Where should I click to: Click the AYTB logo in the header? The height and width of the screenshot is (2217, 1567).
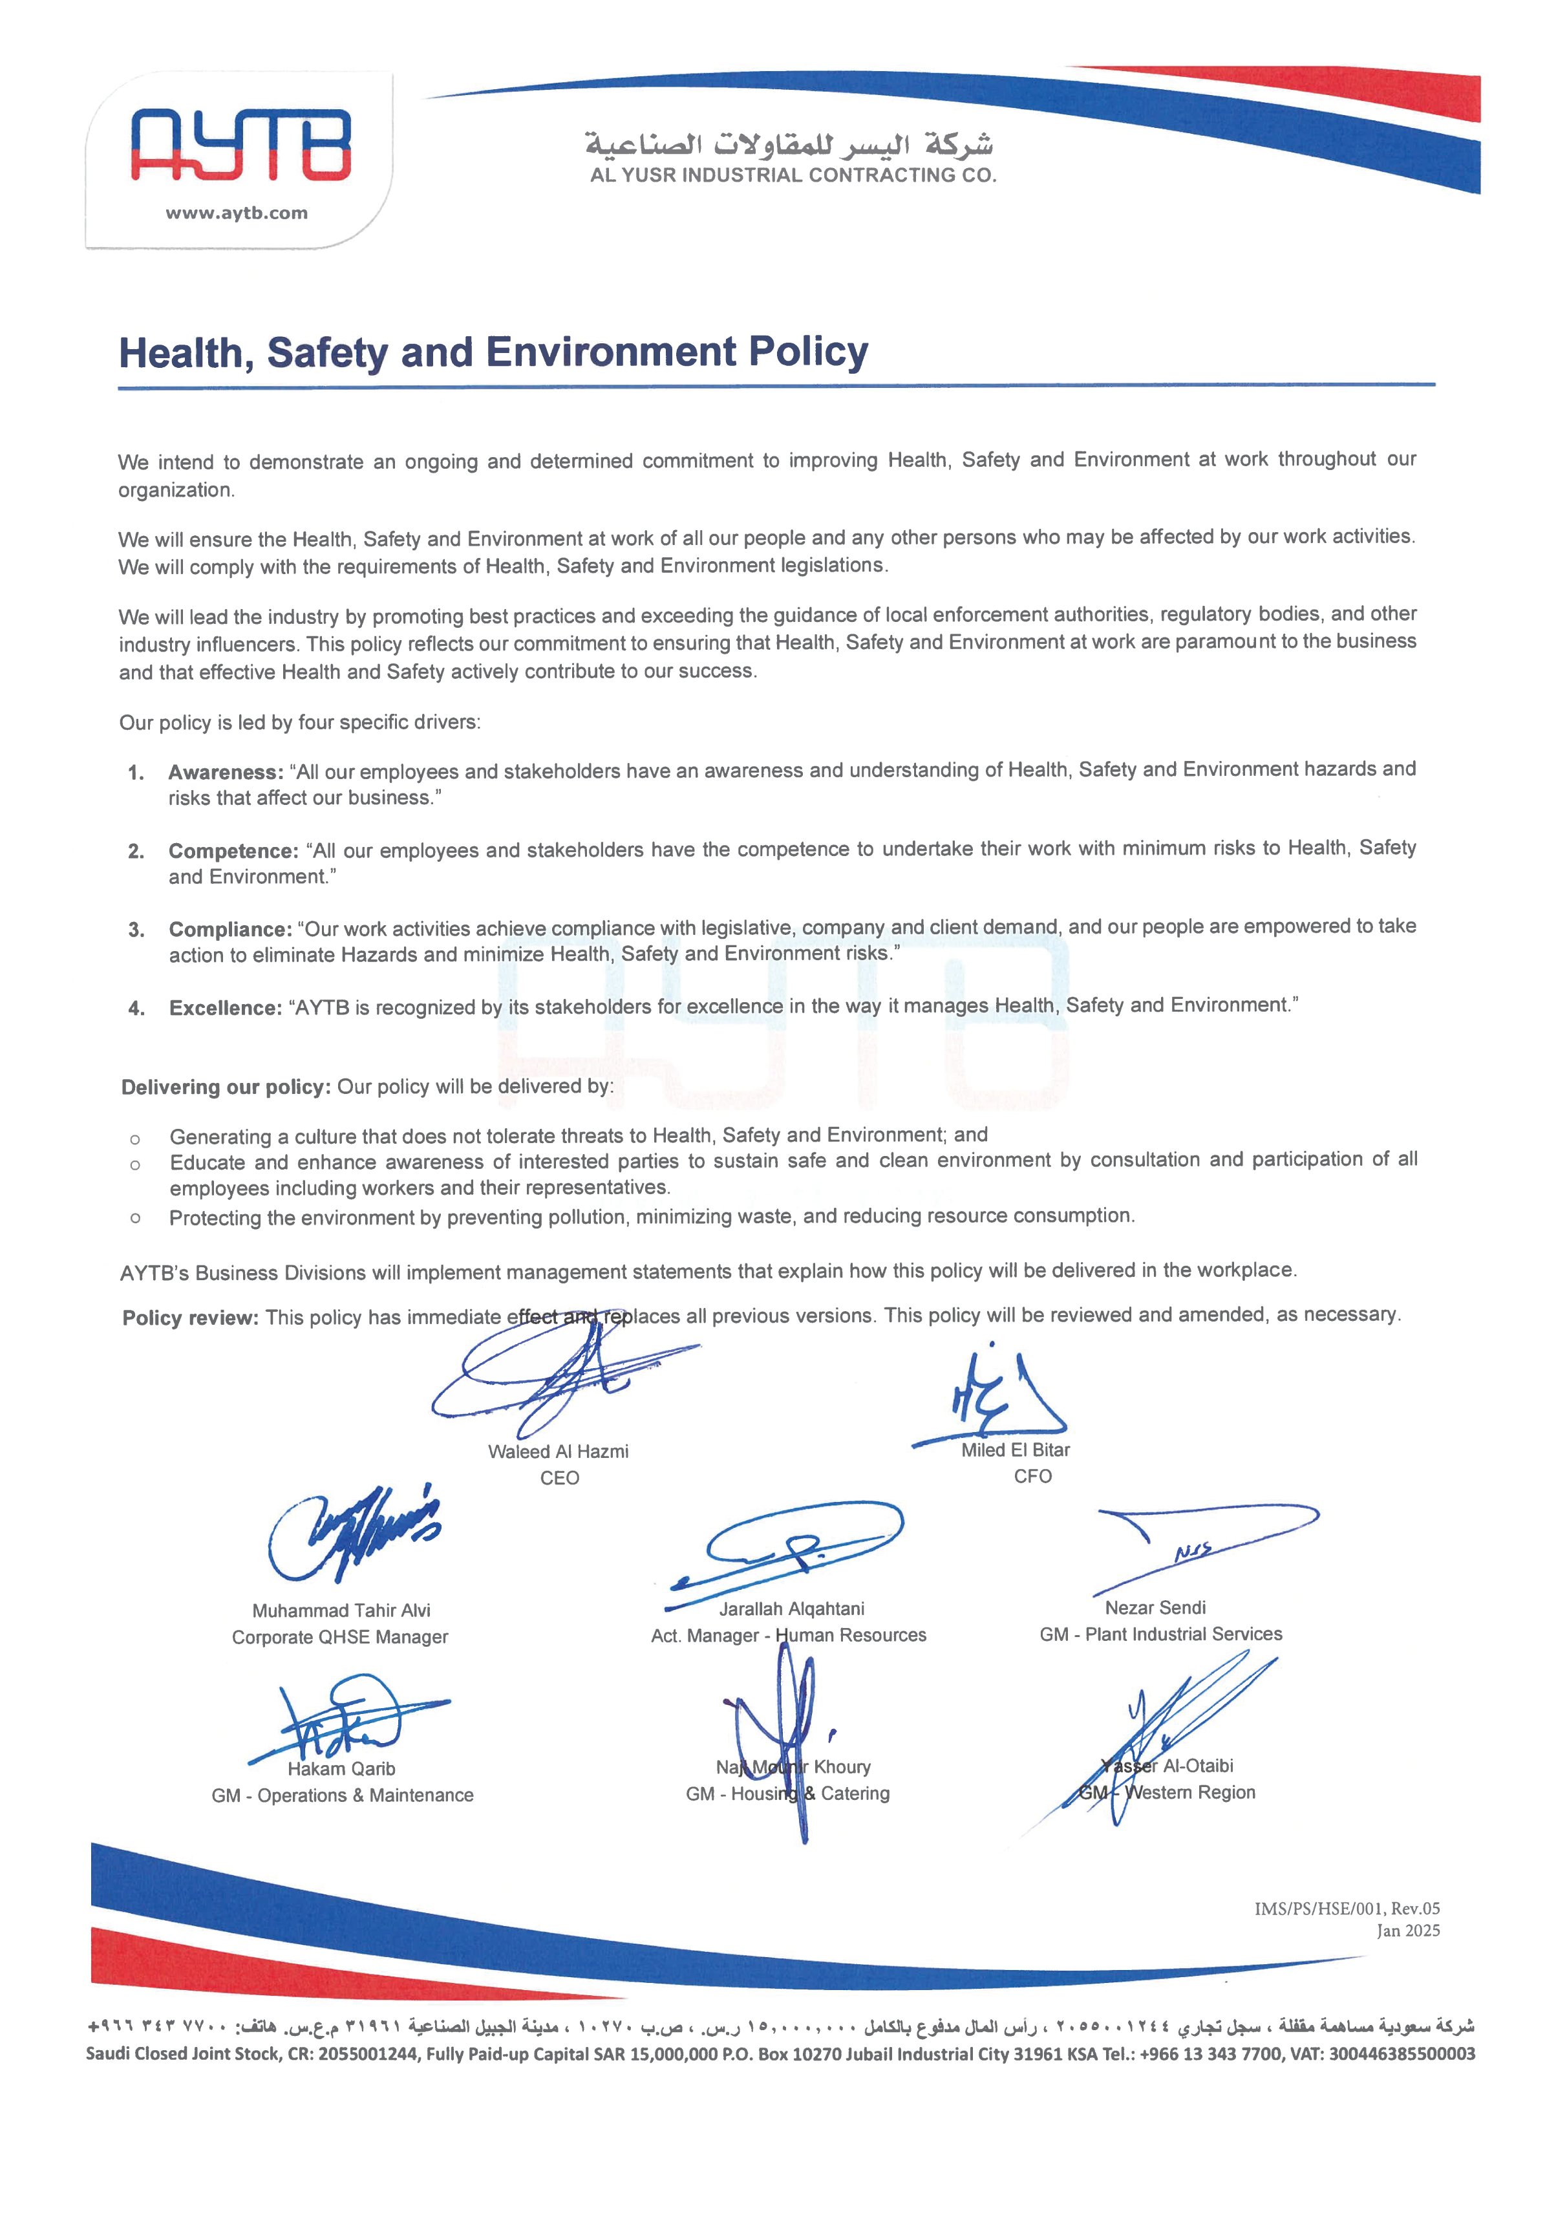240,145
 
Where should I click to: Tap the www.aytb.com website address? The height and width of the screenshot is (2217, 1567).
237,213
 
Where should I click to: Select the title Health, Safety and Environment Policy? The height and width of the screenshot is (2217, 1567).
493,352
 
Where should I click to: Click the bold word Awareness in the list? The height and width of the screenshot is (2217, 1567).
225,773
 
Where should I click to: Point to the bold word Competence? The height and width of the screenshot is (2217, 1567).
233,851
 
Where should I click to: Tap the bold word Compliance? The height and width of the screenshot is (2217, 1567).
229,929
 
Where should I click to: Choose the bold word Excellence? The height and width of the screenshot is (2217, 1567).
225,1008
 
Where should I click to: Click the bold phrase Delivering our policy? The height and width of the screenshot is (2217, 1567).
226,1087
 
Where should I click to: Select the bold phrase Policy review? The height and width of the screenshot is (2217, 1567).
190,1318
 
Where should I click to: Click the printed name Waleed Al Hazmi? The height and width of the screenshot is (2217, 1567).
558,1451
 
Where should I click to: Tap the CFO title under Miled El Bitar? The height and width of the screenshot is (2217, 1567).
1032,1477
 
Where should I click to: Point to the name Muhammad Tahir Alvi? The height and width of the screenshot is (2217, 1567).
341,1611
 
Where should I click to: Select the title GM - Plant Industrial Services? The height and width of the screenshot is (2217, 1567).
1160,1634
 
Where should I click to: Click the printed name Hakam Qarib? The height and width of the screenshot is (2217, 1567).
341,1769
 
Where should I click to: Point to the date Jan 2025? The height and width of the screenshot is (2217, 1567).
1408,1930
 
